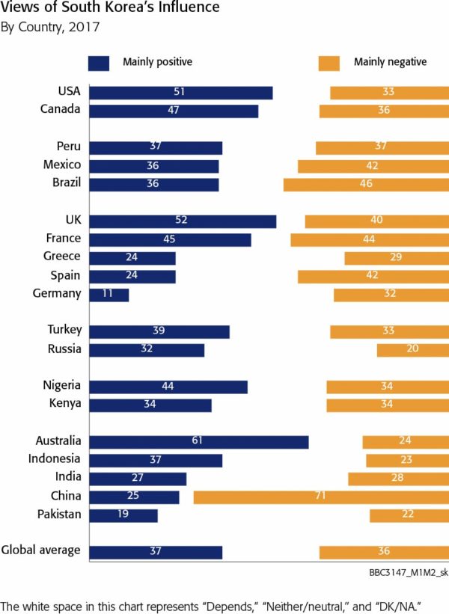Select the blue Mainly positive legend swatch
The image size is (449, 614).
pyautogui.click(x=99, y=63)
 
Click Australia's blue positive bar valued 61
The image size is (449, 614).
pyautogui.click(x=198, y=441)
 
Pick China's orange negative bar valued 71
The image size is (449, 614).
pyautogui.click(x=320, y=497)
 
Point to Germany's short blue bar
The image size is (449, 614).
pyautogui.click(x=109, y=295)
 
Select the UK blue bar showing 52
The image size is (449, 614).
pyautogui.click(x=183, y=221)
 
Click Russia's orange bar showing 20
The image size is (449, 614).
pyautogui.click(x=412, y=349)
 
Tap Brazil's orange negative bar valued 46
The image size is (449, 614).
pyautogui.click(x=366, y=184)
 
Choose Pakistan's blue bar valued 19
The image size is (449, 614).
pyautogui.click(x=123, y=515)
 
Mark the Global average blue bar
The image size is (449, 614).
pyautogui.click(x=156, y=552)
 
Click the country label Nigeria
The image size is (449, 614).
pyautogui.click(x=62, y=386)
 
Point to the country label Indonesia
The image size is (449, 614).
pyautogui.click(x=54, y=459)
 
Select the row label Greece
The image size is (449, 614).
pyautogui.click(x=61, y=257)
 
